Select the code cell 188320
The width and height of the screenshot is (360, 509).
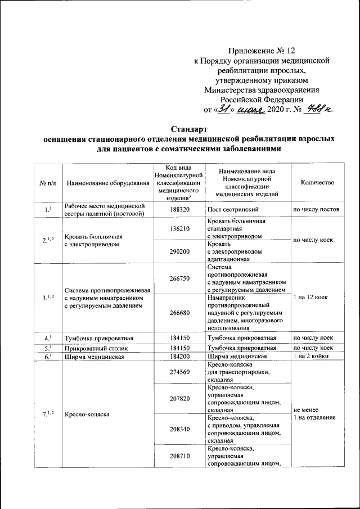tap(180, 210)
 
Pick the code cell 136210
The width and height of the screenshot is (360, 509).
tap(180, 229)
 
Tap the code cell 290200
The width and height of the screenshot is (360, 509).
tap(180, 252)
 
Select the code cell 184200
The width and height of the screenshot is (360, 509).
tap(180, 356)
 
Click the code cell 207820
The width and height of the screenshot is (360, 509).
tap(180, 398)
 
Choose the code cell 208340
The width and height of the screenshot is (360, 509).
tap(180, 429)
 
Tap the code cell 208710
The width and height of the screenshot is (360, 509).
tap(180, 456)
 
